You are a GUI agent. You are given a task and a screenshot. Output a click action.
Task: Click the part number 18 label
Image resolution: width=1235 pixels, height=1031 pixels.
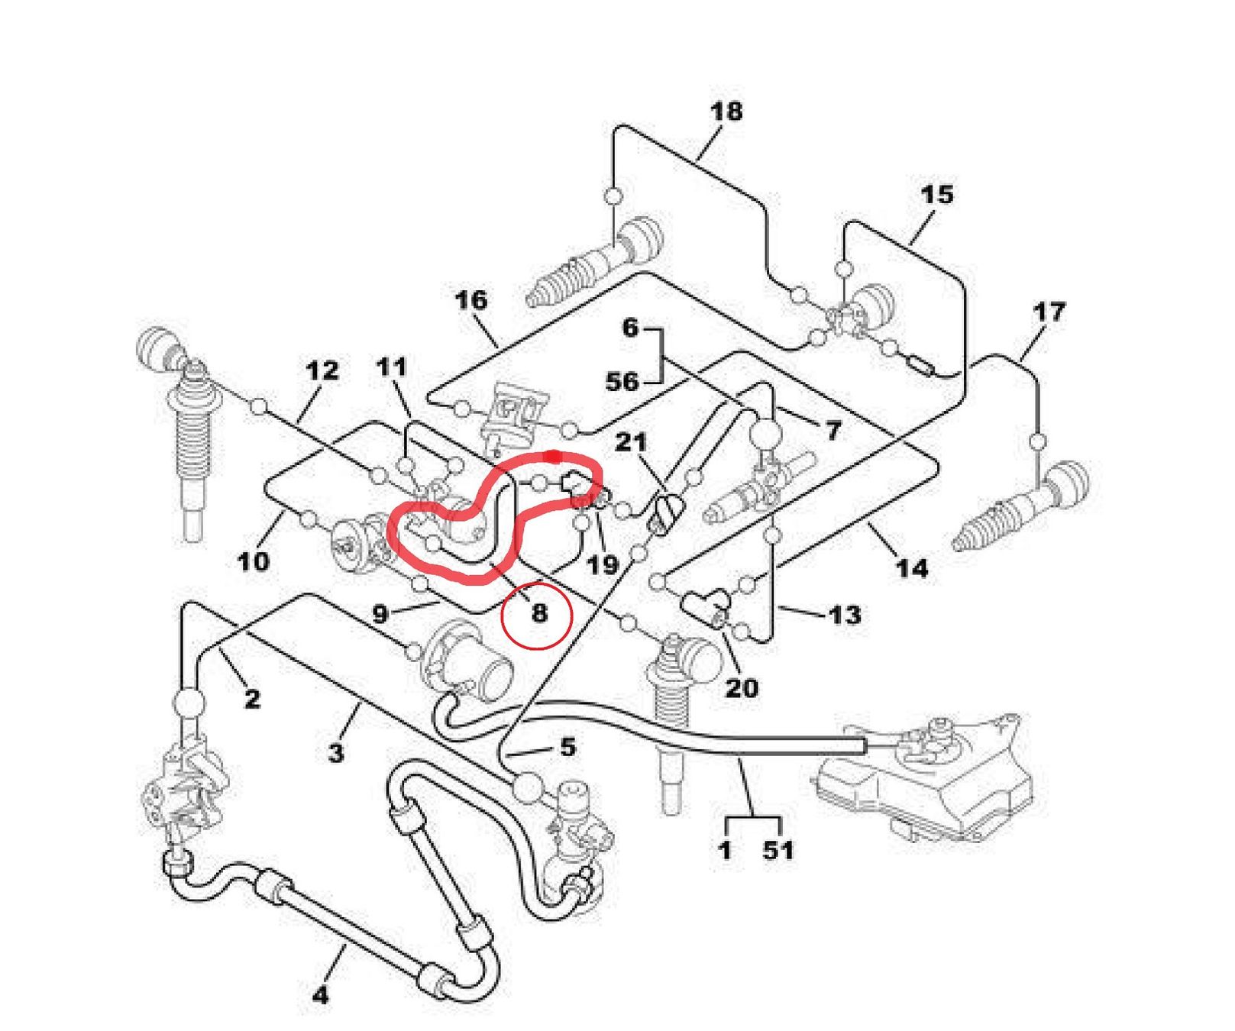click(726, 112)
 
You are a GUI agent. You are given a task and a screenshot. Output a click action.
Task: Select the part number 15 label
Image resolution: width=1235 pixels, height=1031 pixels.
click(936, 195)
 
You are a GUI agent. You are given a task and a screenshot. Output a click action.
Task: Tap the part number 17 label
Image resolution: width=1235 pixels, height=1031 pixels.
click(1048, 312)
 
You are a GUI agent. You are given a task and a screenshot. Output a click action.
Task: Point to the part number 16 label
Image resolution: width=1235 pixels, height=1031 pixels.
click(470, 300)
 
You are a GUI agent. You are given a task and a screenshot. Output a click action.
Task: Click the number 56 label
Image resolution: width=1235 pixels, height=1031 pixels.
click(622, 381)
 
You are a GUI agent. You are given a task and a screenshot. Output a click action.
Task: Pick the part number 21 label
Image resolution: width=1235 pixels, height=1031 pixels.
click(631, 442)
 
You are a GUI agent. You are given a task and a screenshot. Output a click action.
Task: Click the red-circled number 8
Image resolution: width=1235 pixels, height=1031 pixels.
click(539, 612)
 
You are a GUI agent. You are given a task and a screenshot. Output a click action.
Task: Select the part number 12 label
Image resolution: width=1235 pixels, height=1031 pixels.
click(322, 371)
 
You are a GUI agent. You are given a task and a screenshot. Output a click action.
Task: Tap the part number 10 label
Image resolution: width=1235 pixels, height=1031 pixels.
click(254, 562)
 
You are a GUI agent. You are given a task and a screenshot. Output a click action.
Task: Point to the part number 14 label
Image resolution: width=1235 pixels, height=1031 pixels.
click(912, 568)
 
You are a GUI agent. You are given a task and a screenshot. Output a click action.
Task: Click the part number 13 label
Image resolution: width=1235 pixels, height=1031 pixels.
click(845, 615)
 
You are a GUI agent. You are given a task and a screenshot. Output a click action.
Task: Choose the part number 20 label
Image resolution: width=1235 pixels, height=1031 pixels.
click(742, 688)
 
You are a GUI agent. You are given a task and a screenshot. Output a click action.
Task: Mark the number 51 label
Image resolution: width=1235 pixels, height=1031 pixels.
click(778, 850)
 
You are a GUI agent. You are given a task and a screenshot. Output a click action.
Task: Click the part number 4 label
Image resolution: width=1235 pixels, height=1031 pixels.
click(321, 994)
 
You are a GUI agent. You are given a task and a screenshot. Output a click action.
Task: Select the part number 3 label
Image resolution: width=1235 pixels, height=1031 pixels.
click(336, 753)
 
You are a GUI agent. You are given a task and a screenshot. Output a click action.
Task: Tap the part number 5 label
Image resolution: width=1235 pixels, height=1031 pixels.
click(567, 747)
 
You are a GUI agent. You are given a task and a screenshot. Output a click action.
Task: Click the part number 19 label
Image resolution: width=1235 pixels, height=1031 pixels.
click(602, 565)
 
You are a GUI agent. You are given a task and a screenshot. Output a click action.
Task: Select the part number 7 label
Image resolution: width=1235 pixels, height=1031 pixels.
click(832, 431)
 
